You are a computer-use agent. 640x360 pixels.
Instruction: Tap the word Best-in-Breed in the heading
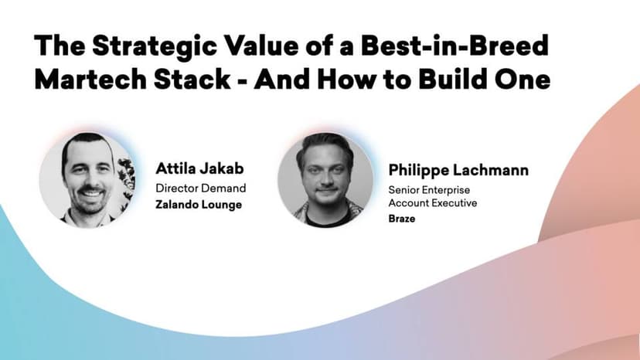point(454,45)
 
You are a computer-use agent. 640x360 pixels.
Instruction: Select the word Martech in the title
point(90,79)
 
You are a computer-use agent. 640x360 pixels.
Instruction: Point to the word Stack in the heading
point(192,79)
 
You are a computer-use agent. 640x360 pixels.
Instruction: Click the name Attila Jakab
point(199,168)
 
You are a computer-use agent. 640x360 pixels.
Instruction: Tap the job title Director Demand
point(200,188)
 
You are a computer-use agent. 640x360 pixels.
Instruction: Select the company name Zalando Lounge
point(199,205)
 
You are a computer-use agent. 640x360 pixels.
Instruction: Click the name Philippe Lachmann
point(458,170)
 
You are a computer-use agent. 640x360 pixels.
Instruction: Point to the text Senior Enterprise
point(429,190)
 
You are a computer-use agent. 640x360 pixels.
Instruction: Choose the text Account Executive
point(433,203)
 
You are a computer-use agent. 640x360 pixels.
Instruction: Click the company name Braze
point(402,219)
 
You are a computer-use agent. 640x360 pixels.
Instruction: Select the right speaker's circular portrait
point(325,180)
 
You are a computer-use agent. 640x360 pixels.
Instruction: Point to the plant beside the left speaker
point(126,178)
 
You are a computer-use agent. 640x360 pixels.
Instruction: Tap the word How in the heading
point(346,79)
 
